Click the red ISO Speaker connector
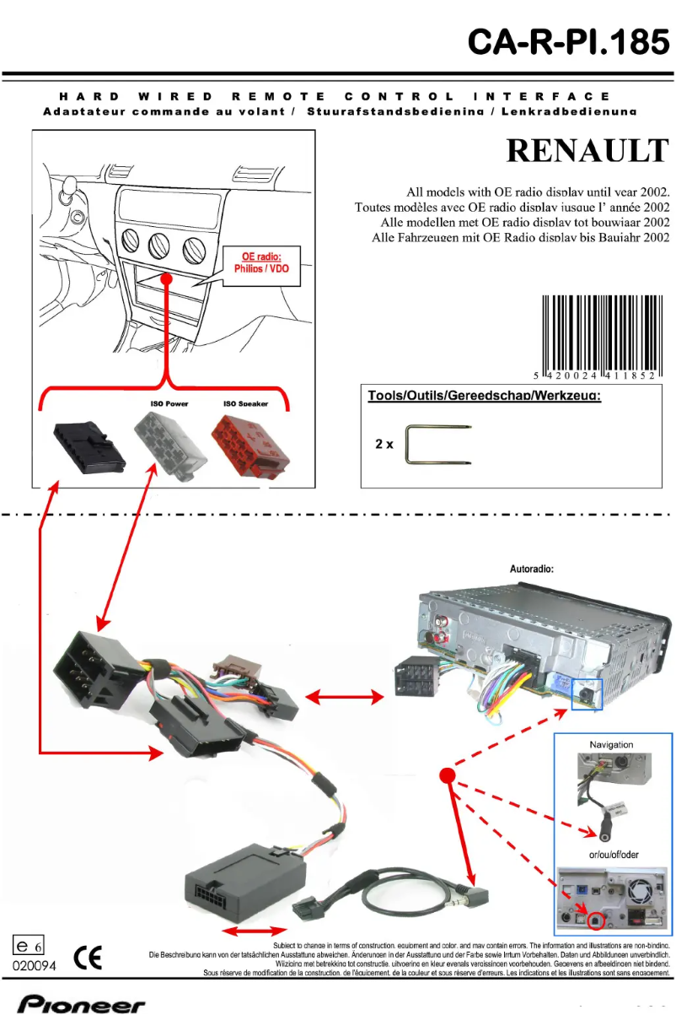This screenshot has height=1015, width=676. click(251, 444)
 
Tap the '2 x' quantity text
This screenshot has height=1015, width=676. click(384, 445)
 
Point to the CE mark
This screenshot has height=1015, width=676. click(87, 958)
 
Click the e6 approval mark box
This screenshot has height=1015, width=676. click(29, 948)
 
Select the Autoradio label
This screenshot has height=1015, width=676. click(532, 569)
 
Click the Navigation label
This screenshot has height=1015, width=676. click(611, 745)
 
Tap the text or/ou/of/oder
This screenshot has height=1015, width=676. click(614, 855)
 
